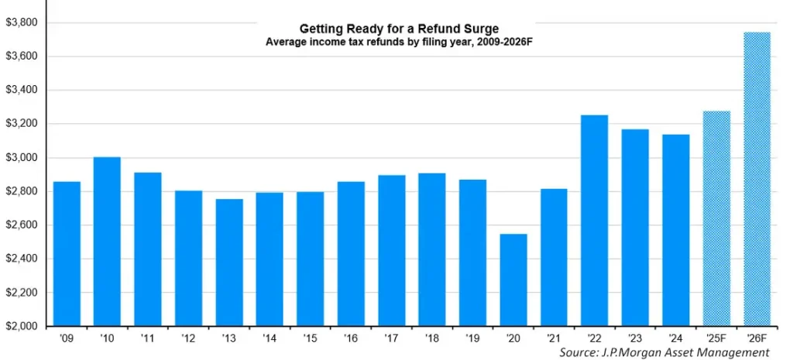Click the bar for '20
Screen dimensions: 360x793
tap(513, 279)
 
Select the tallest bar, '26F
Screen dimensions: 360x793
tap(756, 179)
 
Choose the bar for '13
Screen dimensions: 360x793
tap(228, 262)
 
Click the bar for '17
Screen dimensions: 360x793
tap(391, 251)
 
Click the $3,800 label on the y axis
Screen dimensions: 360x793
tap(21, 22)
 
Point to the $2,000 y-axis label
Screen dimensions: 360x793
tap(21, 327)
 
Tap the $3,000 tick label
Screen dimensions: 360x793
tap(21, 158)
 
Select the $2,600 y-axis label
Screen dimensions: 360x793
tap(21, 225)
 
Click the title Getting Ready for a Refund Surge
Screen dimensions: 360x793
tap(394, 29)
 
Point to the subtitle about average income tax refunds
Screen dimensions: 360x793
tap(394, 42)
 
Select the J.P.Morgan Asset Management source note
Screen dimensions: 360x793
tap(664, 352)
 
